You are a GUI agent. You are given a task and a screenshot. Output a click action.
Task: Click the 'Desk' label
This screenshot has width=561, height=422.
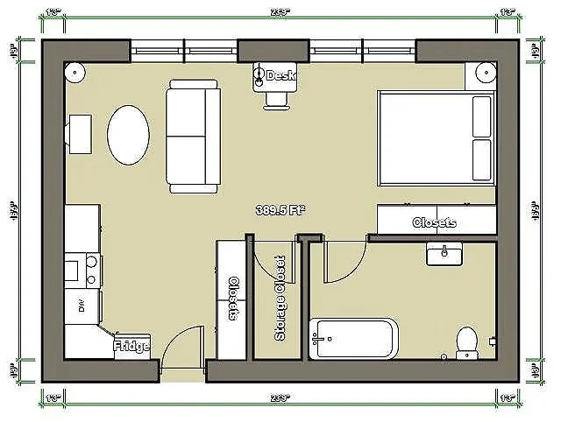(x=280, y=76)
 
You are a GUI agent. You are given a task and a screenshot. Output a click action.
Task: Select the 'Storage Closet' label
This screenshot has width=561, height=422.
(x=280, y=299)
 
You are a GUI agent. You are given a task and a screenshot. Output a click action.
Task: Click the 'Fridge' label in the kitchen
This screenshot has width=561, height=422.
(x=131, y=347)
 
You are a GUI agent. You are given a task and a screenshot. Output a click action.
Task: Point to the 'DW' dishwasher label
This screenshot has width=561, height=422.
(x=82, y=306)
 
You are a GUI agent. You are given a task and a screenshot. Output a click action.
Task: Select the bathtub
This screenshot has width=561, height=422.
(x=354, y=338)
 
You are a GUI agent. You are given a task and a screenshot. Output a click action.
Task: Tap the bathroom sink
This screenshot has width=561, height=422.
(x=447, y=254)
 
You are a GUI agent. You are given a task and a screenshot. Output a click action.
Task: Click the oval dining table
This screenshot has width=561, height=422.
(x=128, y=135)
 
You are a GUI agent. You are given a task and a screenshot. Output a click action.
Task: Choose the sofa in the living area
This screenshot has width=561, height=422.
(x=194, y=136)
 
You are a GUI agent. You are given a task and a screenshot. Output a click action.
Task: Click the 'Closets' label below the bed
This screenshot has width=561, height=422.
(x=434, y=222)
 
